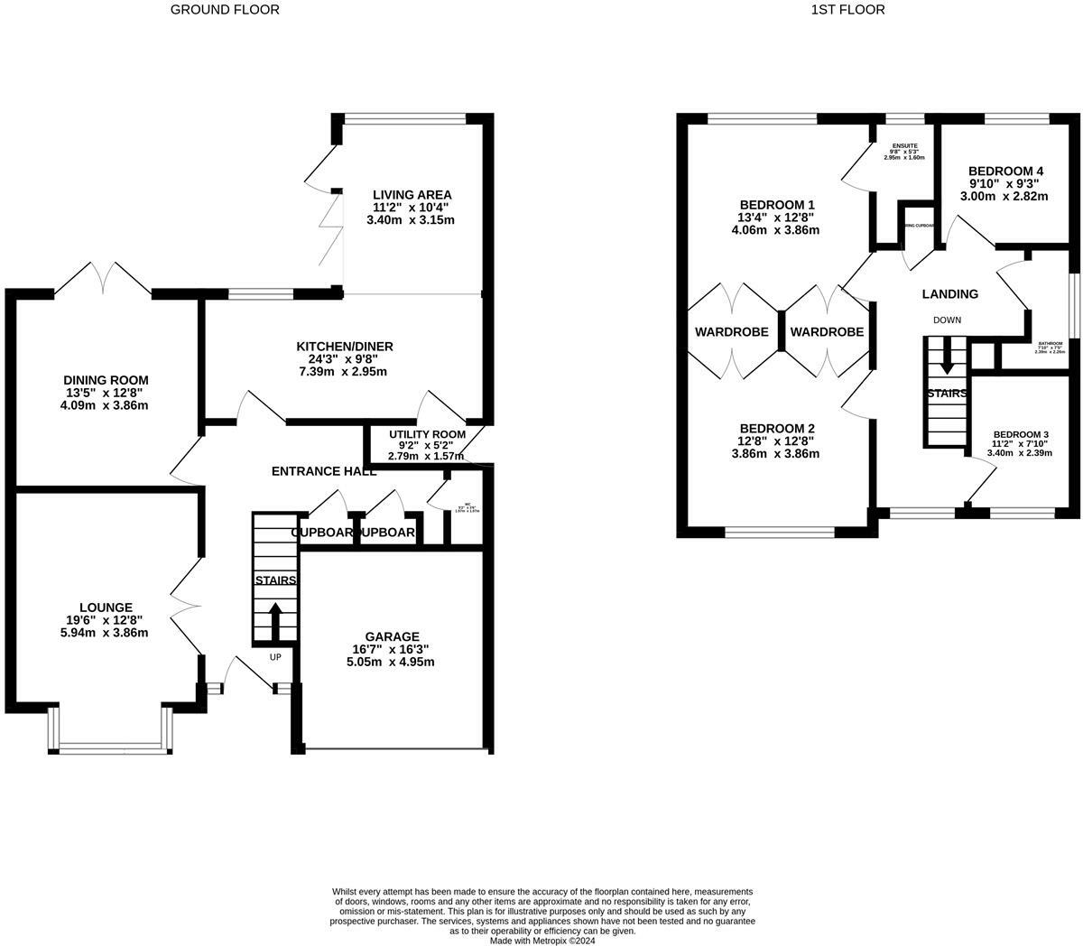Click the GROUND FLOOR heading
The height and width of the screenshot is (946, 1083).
tap(225, 10)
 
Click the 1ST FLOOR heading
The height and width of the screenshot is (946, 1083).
tap(847, 10)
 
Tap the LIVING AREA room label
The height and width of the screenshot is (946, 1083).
tap(412, 195)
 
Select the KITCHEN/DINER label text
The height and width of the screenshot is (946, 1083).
tap(345, 347)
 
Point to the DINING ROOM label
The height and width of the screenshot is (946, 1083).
tap(106, 380)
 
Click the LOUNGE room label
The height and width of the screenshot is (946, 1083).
tap(106, 607)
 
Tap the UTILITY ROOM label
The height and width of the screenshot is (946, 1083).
tap(427, 434)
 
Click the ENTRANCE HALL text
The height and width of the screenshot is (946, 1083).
tap(324, 471)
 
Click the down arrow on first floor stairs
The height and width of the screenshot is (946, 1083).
tap(946, 362)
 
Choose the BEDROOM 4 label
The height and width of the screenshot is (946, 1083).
tap(1005, 171)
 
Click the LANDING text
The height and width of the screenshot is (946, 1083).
tap(949, 294)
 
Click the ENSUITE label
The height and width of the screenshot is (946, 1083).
tap(904, 145)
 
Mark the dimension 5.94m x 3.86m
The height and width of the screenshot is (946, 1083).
tap(106, 633)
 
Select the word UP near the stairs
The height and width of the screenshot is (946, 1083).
tap(275, 657)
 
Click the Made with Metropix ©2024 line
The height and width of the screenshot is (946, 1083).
tap(542, 940)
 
